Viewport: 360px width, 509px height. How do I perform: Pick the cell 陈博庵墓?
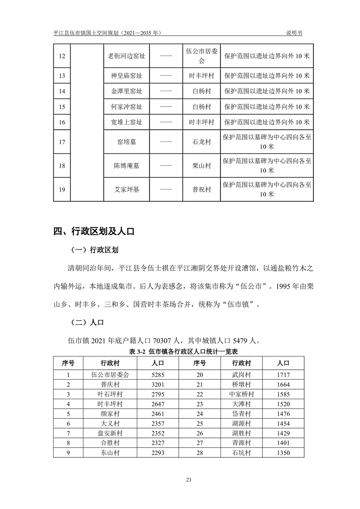pyautogui.click(x=126, y=166)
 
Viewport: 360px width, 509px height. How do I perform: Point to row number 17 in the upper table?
pyautogui.click(x=63, y=142)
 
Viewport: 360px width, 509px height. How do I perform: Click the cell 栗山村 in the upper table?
pyautogui.click(x=201, y=166)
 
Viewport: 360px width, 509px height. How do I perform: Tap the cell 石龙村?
pyautogui.click(x=201, y=142)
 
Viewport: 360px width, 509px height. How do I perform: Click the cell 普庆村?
pyautogui.click(x=110, y=385)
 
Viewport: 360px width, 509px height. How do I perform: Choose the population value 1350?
pyautogui.click(x=283, y=453)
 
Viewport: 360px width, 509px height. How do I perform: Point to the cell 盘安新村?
pyautogui.click(x=110, y=433)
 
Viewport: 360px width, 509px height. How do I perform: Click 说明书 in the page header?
pyautogui.click(x=294, y=33)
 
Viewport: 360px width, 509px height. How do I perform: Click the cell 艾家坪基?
pyautogui.click(x=126, y=189)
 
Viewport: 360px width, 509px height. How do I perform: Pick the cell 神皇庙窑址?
pyautogui.click(x=126, y=75)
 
